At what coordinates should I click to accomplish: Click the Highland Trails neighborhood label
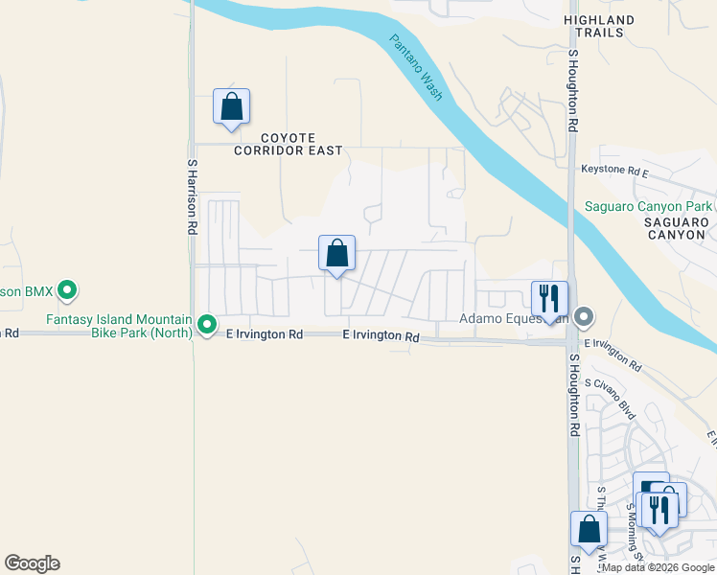point(612,26)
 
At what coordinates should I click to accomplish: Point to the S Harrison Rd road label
point(192,197)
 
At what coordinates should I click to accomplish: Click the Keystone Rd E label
point(615,171)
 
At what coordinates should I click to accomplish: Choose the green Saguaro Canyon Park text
point(649,206)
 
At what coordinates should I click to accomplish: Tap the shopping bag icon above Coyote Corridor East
point(231,106)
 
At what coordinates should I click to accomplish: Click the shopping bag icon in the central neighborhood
point(336,254)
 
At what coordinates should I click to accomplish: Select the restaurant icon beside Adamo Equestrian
point(549,298)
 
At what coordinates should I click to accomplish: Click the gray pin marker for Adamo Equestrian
point(585,317)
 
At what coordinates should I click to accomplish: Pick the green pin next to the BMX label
point(67,288)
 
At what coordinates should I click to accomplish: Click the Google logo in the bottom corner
point(32,563)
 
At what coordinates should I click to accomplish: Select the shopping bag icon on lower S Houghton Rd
point(589,529)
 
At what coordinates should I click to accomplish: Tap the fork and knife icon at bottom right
point(659,508)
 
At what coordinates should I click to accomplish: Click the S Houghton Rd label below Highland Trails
point(572,91)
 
